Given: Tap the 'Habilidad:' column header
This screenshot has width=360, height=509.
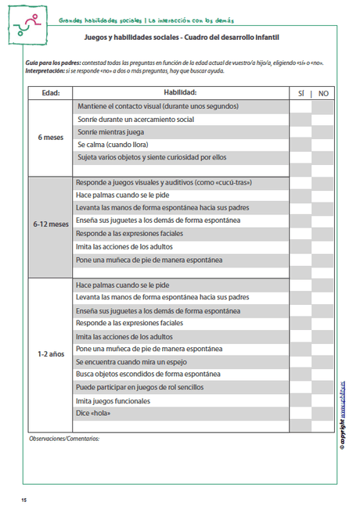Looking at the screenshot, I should [x=181, y=93].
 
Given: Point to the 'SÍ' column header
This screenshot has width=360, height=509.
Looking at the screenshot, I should [x=301, y=93].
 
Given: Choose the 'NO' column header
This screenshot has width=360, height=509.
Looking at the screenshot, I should [x=323, y=93].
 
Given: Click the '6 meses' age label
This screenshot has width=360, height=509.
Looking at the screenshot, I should [x=50, y=138].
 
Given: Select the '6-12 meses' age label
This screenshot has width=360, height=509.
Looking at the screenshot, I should [x=50, y=224].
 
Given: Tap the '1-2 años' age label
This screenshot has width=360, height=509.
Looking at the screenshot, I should [x=50, y=354].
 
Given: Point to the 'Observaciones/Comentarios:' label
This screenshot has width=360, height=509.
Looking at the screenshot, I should [x=63, y=439].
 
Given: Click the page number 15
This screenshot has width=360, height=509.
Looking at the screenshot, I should [x=24, y=499].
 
